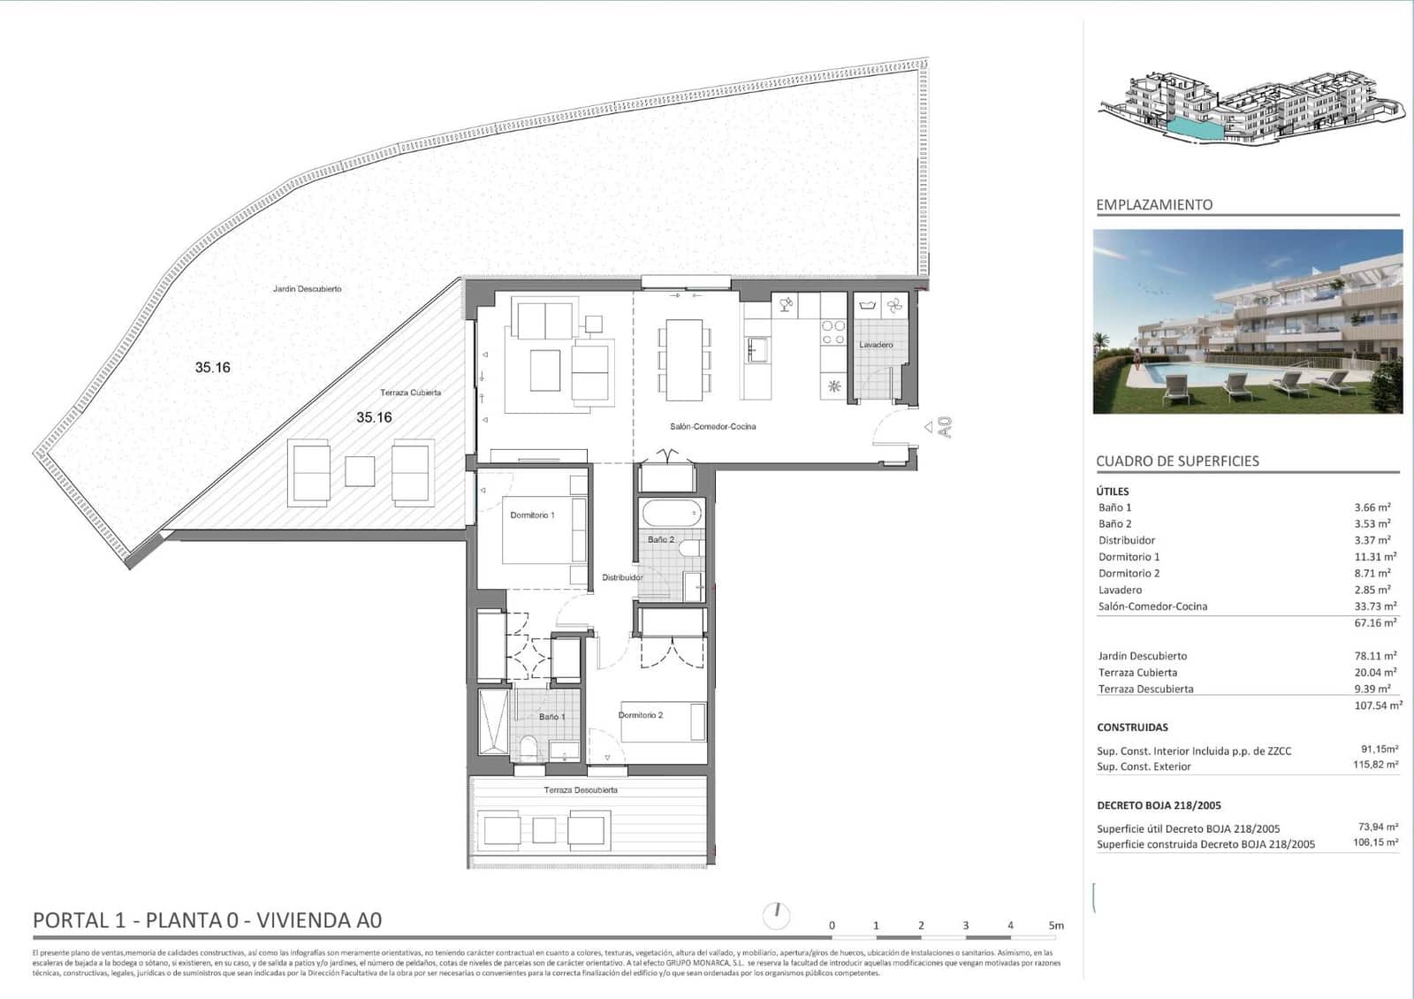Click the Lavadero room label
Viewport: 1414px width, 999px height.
click(876, 345)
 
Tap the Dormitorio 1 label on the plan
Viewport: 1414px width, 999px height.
click(532, 515)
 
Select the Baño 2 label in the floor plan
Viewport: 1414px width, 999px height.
click(660, 539)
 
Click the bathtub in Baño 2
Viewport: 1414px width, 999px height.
click(672, 513)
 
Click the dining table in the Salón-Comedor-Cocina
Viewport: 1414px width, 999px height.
click(683, 360)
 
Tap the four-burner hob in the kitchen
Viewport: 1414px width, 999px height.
click(833, 332)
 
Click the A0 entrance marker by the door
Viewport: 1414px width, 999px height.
click(944, 428)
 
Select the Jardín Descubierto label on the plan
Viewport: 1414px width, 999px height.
click(307, 289)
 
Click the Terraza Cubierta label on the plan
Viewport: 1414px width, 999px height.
click(410, 393)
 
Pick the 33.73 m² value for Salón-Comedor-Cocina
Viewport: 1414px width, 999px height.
click(1375, 606)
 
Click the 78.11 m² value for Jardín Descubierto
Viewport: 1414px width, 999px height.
click(1375, 656)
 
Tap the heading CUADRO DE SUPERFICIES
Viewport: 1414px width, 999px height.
click(1177, 461)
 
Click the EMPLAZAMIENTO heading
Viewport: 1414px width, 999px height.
click(1154, 205)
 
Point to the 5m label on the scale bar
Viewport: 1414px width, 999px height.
click(1056, 926)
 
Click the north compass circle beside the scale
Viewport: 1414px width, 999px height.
click(776, 915)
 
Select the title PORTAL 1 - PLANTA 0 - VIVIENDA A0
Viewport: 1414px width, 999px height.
click(207, 920)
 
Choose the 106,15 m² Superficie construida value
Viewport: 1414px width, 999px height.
click(1375, 843)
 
